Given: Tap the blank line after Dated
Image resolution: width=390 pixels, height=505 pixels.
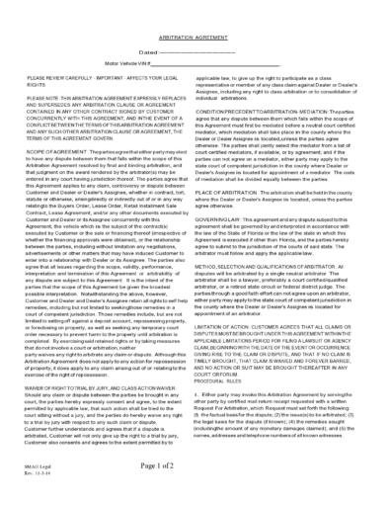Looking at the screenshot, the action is click(211, 49).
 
